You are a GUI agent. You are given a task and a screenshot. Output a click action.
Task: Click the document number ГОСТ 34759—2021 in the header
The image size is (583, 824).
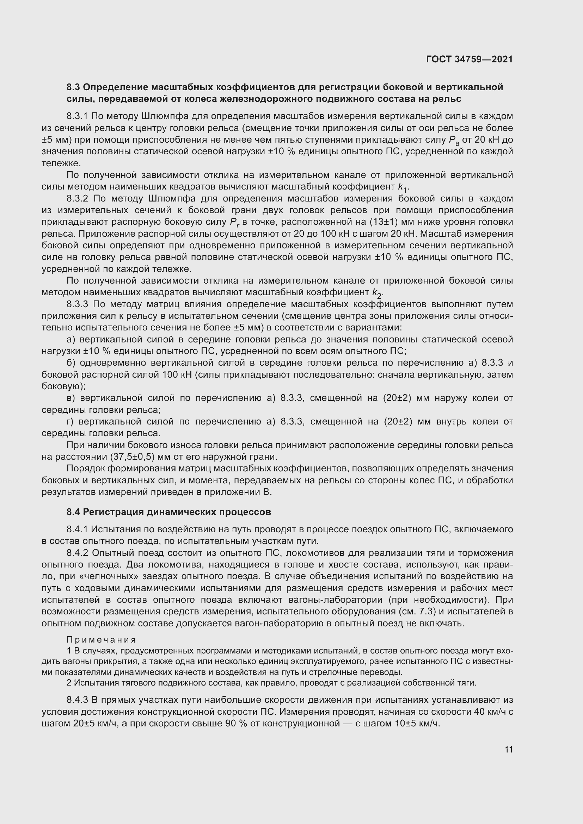[469, 59]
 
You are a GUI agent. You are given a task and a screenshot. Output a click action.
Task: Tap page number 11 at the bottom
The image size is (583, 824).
[508, 749]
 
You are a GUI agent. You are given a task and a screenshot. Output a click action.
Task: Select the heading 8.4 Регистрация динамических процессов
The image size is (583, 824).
[168, 512]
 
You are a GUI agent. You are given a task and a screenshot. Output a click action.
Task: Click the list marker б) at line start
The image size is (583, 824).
[71, 363]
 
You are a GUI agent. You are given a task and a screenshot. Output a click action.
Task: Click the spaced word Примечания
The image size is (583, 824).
[101, 639]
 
